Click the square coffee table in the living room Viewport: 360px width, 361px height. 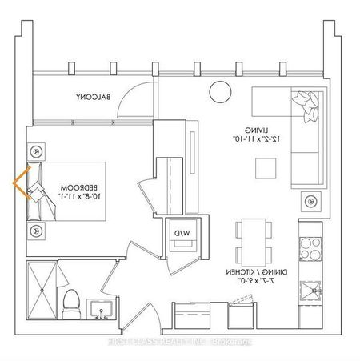(263, 168)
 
